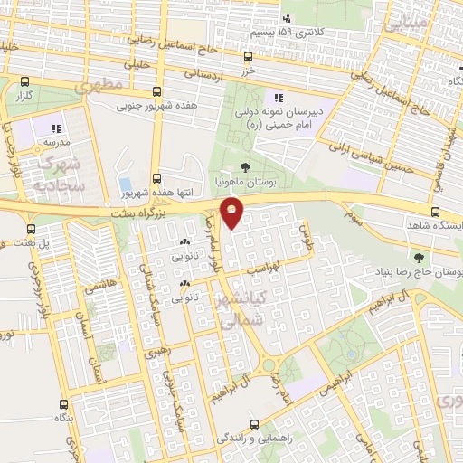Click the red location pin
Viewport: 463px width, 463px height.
[232, 213]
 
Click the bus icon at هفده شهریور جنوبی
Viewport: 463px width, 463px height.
[156, 91]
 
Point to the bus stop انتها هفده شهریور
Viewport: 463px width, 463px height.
[156, 178]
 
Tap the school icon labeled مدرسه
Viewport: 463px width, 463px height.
[55, 128]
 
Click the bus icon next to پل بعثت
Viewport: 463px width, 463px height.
[32, 230]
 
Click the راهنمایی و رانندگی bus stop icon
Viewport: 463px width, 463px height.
[255, 422]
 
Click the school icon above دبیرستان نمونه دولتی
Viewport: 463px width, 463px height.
[279, 98]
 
